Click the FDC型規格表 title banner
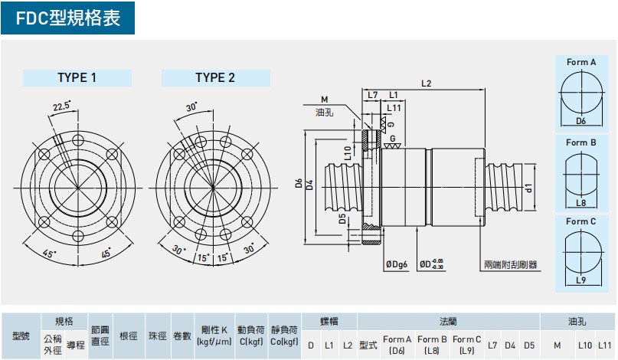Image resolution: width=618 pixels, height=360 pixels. point(67,18)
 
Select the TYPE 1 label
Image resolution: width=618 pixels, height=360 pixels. point(77,77)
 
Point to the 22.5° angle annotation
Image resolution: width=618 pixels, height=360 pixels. point(61,106)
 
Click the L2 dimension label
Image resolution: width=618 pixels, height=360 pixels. point(427,83)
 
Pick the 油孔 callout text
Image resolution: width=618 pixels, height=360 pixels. point(324,113)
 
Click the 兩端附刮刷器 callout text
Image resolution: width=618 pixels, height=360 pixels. point(510,264)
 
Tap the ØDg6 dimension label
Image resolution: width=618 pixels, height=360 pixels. point(397,264)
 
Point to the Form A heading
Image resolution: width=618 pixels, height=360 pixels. point(581,62)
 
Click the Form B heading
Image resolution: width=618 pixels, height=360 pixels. point(581,142)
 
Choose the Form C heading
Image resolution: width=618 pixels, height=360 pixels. point(581,221)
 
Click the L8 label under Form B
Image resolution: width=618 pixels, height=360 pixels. point(580,203)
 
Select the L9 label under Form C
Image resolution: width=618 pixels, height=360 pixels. point(580,282)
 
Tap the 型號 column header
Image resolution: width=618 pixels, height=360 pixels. point(21,335)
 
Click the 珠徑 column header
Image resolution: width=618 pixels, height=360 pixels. point(157,335)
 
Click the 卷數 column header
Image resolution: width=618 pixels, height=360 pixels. point(182,335)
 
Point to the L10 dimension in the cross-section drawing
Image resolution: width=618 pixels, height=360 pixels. point(348,152)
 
